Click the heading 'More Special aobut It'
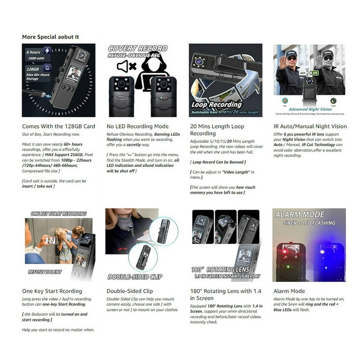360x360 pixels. (50, 37)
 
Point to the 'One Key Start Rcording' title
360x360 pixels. (52, 291)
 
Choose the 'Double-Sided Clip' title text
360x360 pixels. (130, 291)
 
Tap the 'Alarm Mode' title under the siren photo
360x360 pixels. (289, 291)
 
